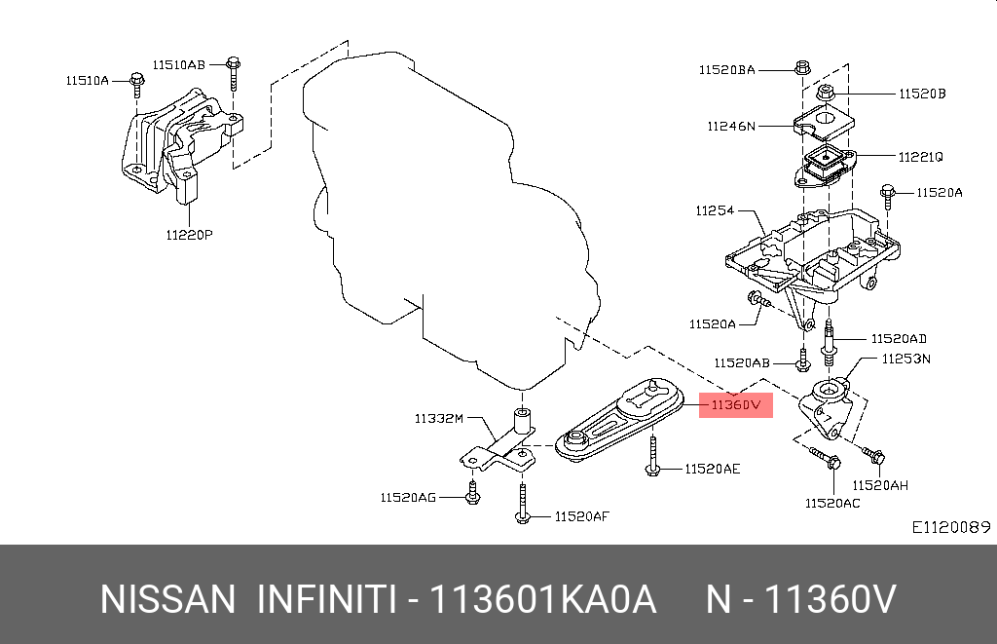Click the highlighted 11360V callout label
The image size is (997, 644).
tap(735, 404)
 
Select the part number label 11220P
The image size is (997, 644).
tap(188, 234)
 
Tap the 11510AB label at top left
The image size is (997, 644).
tap(178, 64)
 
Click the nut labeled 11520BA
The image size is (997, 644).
tap(802, 69)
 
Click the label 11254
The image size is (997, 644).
tap(715, 210)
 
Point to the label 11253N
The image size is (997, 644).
tap(906, 359)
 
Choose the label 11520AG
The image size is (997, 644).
tap(408, 497)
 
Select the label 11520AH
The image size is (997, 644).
tap(880, 485)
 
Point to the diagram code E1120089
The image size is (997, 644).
tap(950, 527)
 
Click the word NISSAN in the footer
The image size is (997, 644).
tap(167, 599)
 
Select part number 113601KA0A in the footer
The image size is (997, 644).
tap(543, 599)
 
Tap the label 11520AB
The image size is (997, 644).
tap(741, 362)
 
